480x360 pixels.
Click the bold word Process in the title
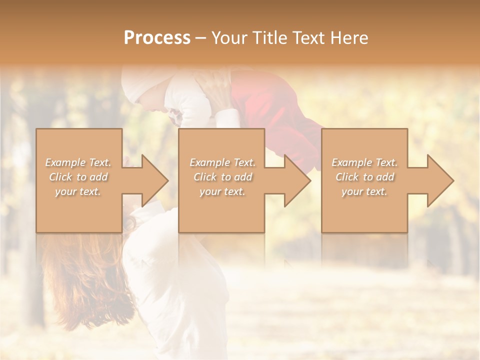157,38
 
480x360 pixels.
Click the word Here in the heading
349,38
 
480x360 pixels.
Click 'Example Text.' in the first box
78,162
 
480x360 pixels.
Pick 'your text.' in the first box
78,191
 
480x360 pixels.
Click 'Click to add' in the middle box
222,177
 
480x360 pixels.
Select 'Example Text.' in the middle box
222,162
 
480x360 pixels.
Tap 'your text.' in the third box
364,191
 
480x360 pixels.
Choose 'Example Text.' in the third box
364,162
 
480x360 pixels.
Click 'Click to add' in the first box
78,177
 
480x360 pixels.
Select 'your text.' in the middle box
222,191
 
